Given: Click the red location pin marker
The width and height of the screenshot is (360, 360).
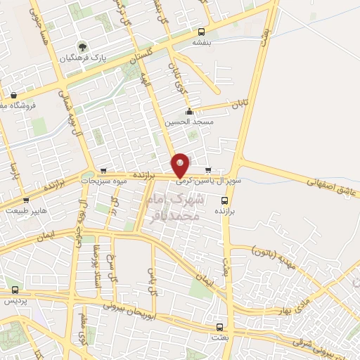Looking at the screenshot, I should (x=181, y=165).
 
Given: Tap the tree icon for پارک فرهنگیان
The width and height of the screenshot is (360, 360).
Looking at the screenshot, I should (x=84, y=46).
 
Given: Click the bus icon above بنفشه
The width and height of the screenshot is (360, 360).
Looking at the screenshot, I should (x=202, y=32).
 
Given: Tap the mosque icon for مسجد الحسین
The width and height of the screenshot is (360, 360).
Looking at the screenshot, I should (x=188, y=111).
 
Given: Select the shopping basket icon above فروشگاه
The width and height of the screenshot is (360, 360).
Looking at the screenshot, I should (x=13, y=95).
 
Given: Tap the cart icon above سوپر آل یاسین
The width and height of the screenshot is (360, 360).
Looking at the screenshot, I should (x=207, y=169).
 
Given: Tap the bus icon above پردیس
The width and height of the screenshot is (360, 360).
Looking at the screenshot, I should (x=15, y=290).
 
